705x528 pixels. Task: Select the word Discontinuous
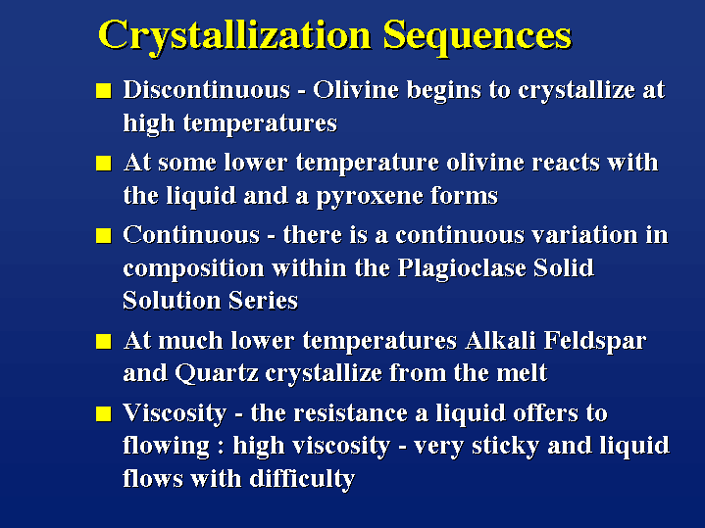click(x=207, y=90)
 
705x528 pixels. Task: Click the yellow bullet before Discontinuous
click(x=103, y=90)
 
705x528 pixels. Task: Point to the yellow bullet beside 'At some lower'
click(x=103, y=164)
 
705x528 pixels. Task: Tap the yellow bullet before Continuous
click(x=103, y=235)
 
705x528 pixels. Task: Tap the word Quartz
click(x=217, y=373)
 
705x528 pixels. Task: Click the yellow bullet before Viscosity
click(x=103, y=413)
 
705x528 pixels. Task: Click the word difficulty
click(x=303, y=479)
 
